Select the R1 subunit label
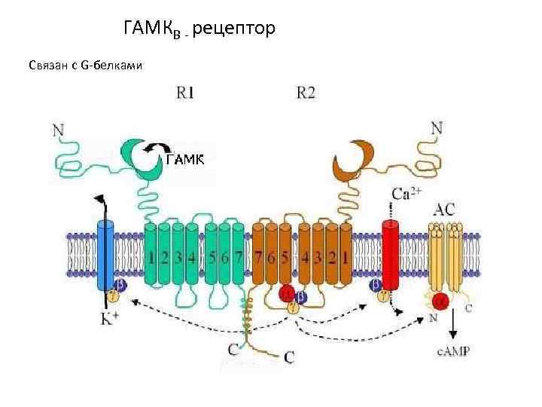pyautogui.click(x=185, y=93)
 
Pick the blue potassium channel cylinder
pyautogui.click(x=105, y=253)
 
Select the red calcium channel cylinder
pyautogui.click(x=390, y=253)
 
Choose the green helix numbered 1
pyautogui.click(x=152, y=256)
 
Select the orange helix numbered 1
pyautogui.click(x=344, y=256)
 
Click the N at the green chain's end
pyautogui.click(x=58, y=130)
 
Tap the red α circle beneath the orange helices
pyautogui.click(x=287, y=293)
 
